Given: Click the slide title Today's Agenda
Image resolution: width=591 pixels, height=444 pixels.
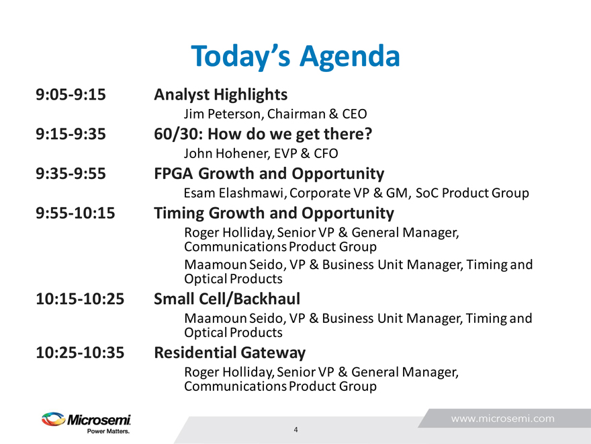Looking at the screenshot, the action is click(295, 57).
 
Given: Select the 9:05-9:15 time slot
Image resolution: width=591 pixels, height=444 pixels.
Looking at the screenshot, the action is click(71, 94).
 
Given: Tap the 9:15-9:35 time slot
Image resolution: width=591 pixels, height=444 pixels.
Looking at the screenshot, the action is click(71, 134).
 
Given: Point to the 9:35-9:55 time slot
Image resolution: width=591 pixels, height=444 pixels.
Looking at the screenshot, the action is click(71, 174).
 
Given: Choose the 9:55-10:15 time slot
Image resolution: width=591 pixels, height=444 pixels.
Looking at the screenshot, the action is click(75, 213).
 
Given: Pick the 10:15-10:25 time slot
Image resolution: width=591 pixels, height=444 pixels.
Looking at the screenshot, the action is click(80, 299).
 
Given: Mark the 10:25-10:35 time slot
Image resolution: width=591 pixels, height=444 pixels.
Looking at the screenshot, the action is click(80, 353).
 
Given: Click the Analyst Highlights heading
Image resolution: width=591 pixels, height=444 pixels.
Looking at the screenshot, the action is click(221, 95).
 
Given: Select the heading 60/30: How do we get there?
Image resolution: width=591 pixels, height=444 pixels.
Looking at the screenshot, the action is click(263, 135).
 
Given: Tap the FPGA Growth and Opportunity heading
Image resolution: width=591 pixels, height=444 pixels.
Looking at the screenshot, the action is click(269, 174).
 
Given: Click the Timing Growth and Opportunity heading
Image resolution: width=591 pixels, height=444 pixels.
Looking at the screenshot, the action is click(274, 214).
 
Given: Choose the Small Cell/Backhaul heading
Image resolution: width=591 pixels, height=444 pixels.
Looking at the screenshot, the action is click(227, 299).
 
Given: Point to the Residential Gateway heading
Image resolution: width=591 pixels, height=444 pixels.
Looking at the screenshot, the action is click(230, 353).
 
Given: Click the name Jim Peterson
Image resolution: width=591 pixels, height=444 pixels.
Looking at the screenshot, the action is click(222, 114).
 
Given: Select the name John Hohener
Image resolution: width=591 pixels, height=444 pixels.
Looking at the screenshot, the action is click(226, 153).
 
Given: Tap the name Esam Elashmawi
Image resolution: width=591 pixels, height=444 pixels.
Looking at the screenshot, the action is click(234, 193).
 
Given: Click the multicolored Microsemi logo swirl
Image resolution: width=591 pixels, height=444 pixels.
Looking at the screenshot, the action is click(54, 419).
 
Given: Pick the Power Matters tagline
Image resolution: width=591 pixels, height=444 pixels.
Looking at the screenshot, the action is click(108, 431).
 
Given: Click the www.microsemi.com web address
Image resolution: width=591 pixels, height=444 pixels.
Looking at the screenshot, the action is click(503, 418).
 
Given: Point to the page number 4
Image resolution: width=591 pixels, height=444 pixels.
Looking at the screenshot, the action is click(296, 430).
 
